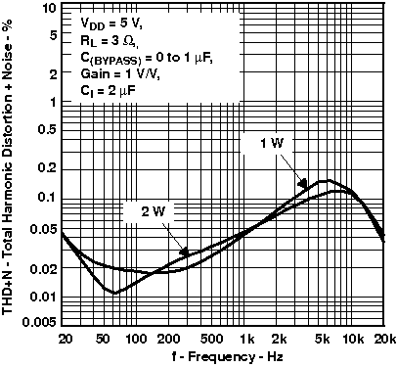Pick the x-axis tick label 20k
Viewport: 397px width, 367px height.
click(384, 338)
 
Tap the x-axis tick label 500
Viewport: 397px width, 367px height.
click(216, 338)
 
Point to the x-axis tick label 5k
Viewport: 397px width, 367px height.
click(323, 338)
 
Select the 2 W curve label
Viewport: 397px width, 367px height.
click(140, 211)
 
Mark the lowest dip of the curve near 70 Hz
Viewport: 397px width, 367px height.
click(114, 292)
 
